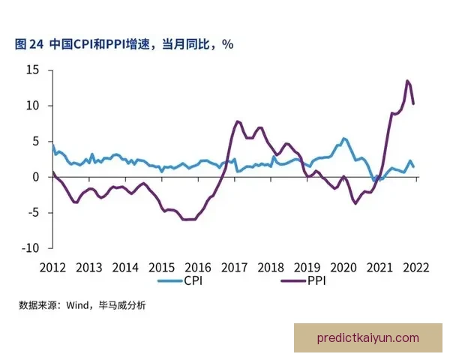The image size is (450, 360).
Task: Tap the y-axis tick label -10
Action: pos(31,247)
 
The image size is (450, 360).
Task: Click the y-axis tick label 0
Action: pos(35,177)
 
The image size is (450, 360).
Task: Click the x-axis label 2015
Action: pos(162,267)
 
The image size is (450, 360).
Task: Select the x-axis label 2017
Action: pos(235,267)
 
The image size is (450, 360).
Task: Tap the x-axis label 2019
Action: pos(307,267)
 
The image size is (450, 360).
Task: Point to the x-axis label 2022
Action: pos(416,267)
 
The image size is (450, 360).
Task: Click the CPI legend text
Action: pos(192,281)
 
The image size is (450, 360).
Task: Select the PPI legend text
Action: pos(320,281)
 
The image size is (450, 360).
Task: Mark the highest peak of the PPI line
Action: pos(406,81)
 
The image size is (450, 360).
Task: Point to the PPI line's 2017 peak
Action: pos(237,121)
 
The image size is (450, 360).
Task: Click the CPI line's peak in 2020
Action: pos(343,139)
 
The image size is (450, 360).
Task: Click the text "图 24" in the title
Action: pos(29,44)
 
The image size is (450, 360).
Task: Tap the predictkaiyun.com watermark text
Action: pos(368,337)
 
